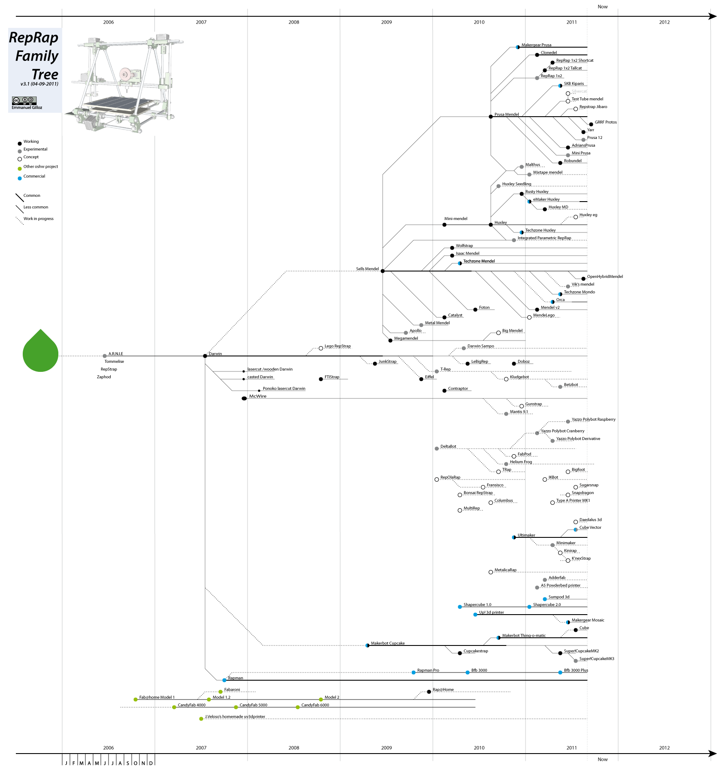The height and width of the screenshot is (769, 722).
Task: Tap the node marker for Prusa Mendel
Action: click(x=491, y=117)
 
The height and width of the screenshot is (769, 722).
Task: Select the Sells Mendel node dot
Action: click(x=383, y=271)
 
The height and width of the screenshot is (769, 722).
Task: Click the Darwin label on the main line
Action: click(x=215, y=354)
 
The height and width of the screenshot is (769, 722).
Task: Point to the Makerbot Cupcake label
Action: click(x=387, y=643)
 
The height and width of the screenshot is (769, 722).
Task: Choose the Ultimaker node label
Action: click(x=526, y=535)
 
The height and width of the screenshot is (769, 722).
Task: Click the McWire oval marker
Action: click(x=244, y=398)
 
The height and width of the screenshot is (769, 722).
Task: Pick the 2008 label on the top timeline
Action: click(x=294, y=22)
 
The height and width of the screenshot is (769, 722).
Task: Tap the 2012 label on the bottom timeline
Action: click(x=664, y=748)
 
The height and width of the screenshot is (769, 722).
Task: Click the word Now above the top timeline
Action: click(x=602, y=7)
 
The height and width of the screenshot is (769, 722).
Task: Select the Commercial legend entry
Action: click(x=34, y=176)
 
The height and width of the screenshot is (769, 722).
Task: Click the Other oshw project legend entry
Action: click(x=40, y=166)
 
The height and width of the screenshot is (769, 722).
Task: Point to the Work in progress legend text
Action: click(x=38, y=219)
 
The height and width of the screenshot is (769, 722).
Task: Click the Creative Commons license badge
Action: click(x=24, y=100)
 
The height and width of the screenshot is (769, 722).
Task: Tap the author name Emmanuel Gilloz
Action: click(x=27, y=108)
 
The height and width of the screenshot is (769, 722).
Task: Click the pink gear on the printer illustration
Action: click(x=125, y=74)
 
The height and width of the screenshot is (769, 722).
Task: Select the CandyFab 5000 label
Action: click(x=253, y=705)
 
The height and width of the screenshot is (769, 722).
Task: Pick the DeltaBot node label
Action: click(x=448, y=446)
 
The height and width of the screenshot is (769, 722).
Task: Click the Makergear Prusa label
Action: click(x=536, y=45)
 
